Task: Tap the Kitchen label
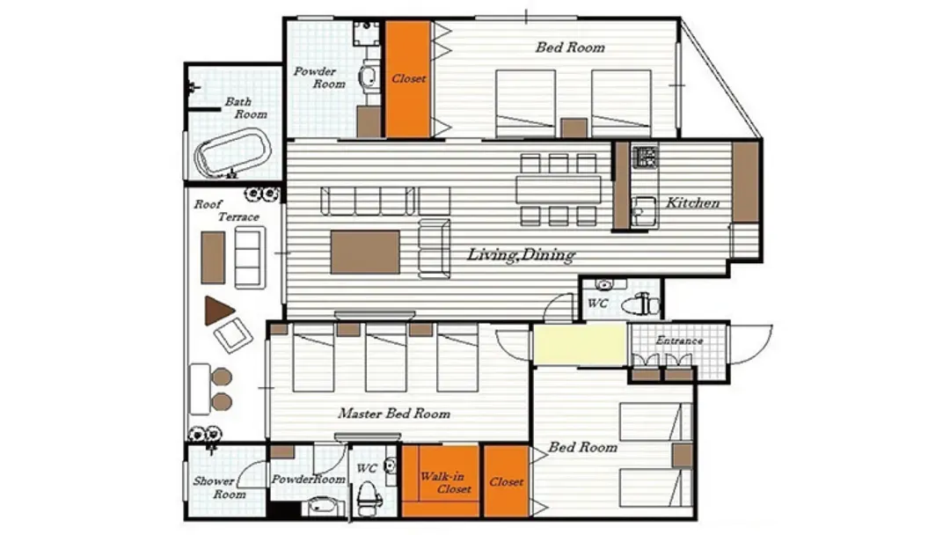692,203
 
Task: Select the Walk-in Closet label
445,483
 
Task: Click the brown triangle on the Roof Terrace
218,311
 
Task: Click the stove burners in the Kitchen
645,157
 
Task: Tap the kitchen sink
643,211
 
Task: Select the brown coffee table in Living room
365,252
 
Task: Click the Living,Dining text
521,254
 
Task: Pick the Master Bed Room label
394,414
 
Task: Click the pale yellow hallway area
579,344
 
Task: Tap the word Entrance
679,341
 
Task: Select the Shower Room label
219,487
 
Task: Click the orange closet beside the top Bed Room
408,79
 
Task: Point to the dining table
559,190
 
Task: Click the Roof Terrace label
226,210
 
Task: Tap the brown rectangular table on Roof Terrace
213,258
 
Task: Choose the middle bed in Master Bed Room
386,357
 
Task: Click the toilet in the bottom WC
368,496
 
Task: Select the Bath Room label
245,108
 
